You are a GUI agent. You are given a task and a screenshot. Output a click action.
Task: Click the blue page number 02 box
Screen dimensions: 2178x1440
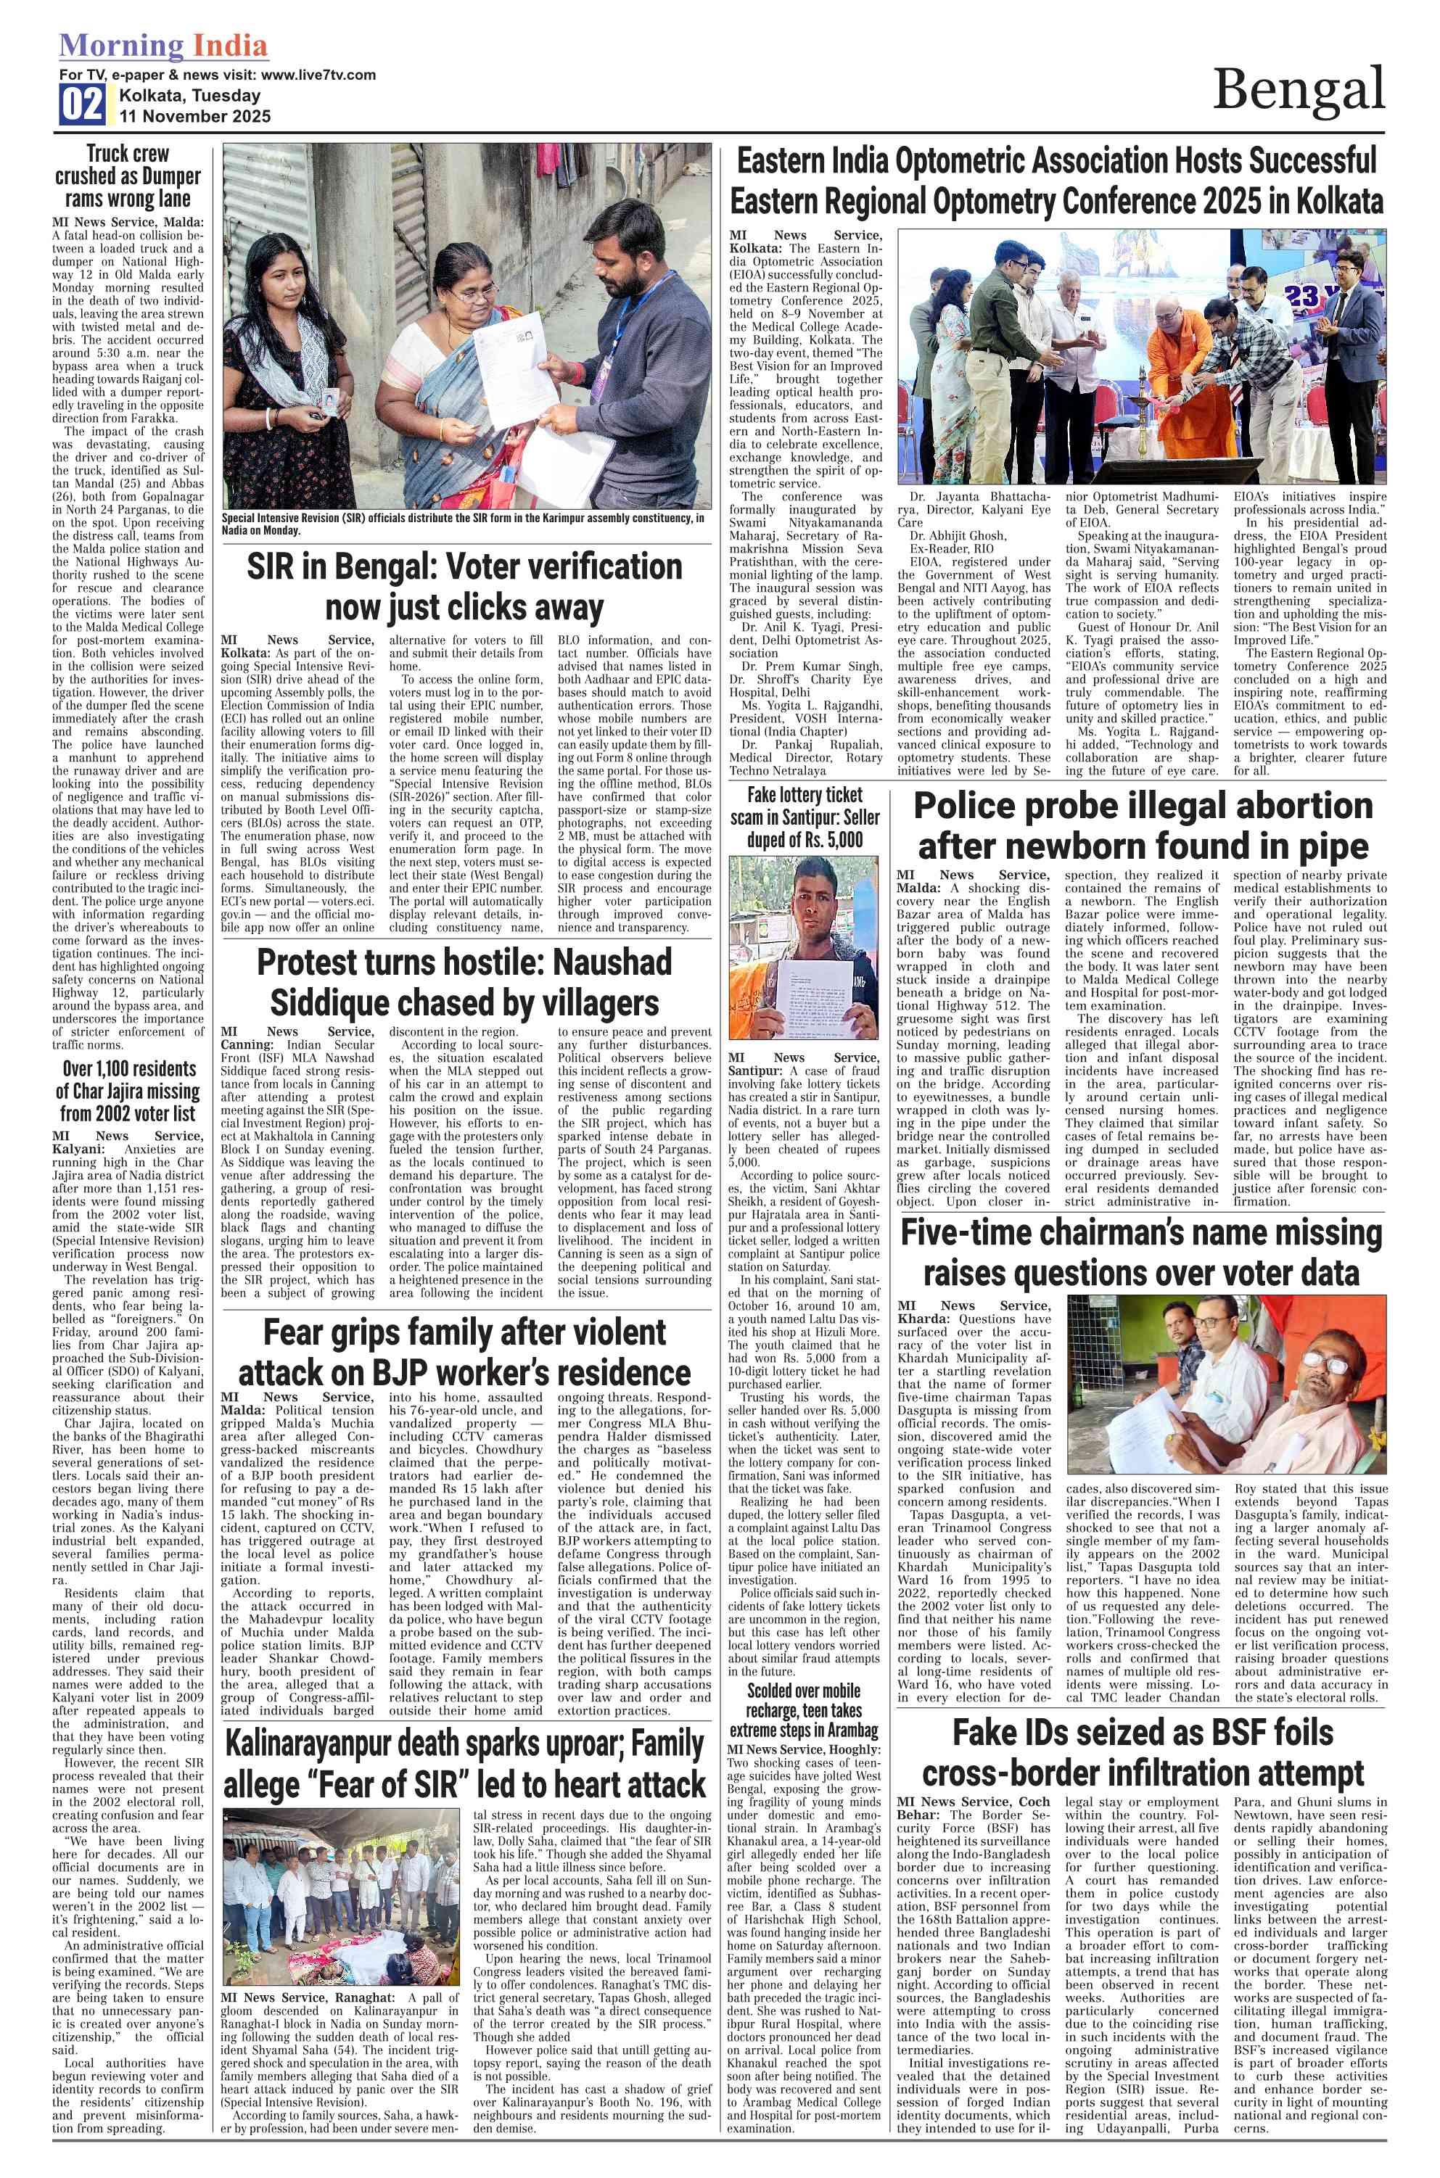pyautogui.click(x=82, y=104)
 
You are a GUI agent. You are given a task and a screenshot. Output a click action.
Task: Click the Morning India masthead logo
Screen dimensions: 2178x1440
pyautogui.click(x=163, y=46)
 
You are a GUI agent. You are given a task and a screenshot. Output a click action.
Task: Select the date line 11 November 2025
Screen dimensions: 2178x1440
pyautogui.click(x=194, y=116)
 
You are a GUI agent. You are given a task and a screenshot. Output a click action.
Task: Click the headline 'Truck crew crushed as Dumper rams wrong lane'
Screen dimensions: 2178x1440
pyautogui.click(x=128, y=176)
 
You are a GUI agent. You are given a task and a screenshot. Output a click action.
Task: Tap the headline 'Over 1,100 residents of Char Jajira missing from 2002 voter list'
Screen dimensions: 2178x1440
pyautogui.click(x=128, y=1091)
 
